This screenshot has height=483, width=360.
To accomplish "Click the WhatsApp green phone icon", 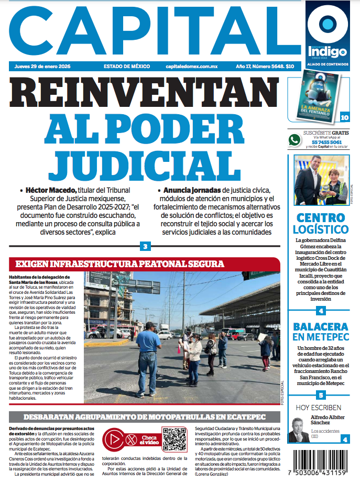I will click(295, 140).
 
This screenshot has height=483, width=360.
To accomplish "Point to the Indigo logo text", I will click(327, 52).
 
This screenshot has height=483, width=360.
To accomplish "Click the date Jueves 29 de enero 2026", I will click(42, 67).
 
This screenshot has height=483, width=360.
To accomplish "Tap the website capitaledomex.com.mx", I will click(191, 67).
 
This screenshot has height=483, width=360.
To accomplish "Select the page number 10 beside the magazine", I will click(344, 117).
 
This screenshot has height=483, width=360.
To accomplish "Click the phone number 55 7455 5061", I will click(326, 142).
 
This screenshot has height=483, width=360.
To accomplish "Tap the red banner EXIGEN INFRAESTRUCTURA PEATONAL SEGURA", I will click(119, 264).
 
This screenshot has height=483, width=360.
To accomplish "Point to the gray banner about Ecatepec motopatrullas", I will click(145, 417).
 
